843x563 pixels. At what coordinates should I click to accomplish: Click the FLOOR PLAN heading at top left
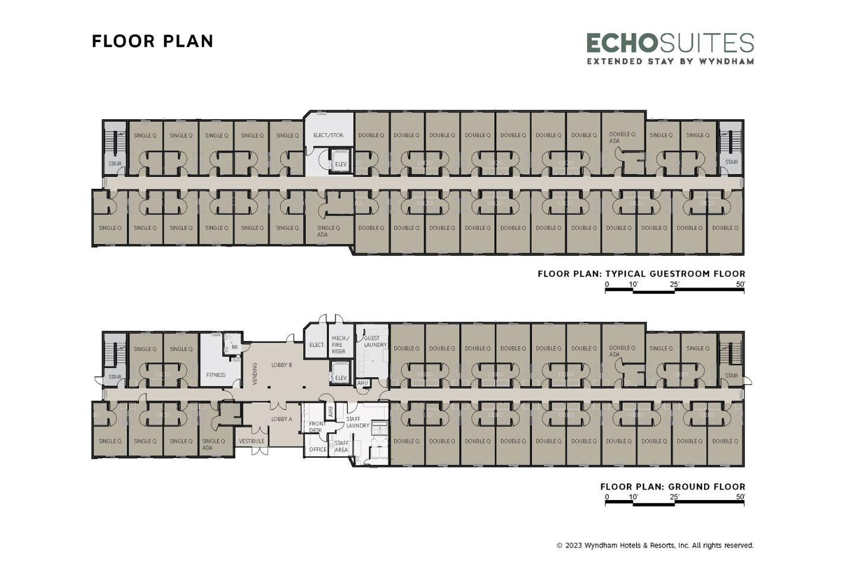tap(153, 41)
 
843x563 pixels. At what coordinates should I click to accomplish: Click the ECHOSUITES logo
tap(670, 48)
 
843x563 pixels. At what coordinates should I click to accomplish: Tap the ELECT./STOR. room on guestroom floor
tap(328, 135)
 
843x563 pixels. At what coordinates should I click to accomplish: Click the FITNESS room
tap(216, 375)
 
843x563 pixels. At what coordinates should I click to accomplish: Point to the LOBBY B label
tap(281, 365)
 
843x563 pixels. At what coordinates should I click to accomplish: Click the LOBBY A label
tap(281, 419)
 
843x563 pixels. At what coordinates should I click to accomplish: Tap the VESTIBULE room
tap(252, 441)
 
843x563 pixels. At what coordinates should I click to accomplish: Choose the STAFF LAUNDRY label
tap(357, 422)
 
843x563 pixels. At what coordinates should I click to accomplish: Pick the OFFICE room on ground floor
tap(318, 450)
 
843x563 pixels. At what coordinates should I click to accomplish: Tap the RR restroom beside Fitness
tap(234, 347)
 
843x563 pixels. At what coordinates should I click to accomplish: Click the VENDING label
tap(255, 374)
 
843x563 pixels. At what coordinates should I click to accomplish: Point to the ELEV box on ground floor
tap(341, 378)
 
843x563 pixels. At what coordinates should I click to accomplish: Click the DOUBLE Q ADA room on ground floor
tap(622, 351)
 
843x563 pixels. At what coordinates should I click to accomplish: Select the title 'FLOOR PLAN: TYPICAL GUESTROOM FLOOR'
tap(641, 274)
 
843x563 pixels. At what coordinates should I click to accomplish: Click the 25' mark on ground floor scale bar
tap(674, 496)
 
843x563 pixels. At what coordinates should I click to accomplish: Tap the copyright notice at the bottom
tap(655, 545)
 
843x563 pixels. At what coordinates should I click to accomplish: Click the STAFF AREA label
tap(341, 447)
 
